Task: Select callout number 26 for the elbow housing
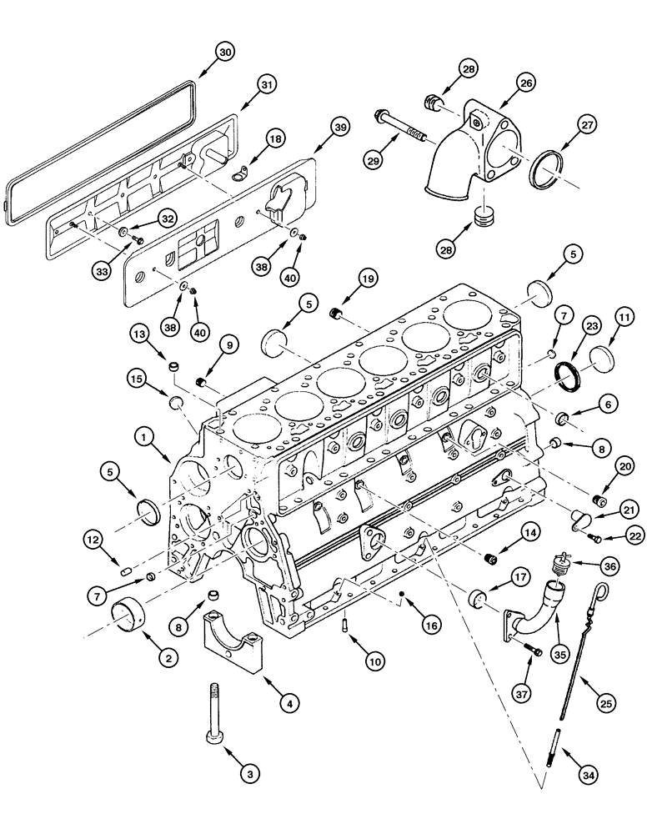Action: click(x=525, y=83)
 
